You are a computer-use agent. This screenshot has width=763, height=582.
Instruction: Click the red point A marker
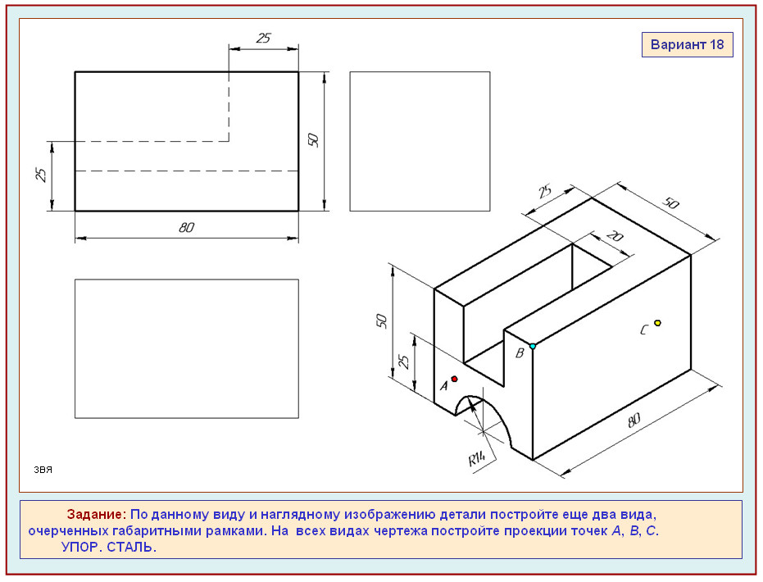[x=455, y=379]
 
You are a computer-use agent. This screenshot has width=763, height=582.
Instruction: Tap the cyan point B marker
[x=533, y=346]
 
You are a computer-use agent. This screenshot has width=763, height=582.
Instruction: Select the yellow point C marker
[x=657, y=323]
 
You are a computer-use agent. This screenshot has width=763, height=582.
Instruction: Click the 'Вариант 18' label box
[x=687, y=45]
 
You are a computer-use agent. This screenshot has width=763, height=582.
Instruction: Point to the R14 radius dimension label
[x=477, y=458]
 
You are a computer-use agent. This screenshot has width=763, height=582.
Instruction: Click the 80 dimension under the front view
[x=186, y=227]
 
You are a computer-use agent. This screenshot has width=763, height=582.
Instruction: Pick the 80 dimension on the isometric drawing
[x=634, y=420]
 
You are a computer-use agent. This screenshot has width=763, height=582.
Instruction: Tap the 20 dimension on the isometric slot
[x=615, y=237]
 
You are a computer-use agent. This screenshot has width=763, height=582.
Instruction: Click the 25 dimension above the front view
[x=263, y=38]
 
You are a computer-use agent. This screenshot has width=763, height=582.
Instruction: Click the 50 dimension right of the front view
[x=313, y=140]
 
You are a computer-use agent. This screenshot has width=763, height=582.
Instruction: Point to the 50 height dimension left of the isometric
[x=382, y=321]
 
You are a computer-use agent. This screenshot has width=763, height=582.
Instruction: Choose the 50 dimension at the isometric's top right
[x=671, y=202]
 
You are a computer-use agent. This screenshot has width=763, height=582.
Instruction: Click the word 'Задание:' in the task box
[x=97, y=514]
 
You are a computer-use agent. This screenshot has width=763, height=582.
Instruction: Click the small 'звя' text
[x=43, y=470]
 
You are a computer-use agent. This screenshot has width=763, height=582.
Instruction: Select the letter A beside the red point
[x=444, y=386]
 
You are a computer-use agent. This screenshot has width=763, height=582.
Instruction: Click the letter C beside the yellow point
[x=644, y=330]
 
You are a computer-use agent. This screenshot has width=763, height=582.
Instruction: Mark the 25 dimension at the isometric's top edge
[x=545, y=191]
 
